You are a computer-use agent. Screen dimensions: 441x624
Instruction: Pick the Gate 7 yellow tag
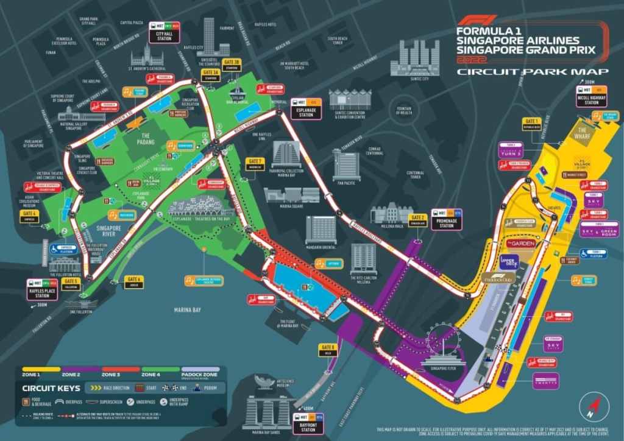(x=255, y=163)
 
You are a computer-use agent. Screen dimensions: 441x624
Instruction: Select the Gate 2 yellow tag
(x=417, y=220)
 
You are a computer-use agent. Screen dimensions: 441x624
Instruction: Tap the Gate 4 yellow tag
(x=29, y=217)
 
